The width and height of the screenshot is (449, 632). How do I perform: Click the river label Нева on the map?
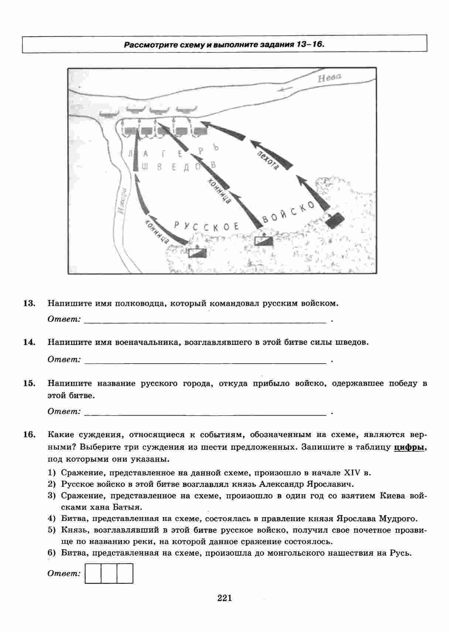click(330, 78)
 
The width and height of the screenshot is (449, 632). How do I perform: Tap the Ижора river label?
click(123, 201)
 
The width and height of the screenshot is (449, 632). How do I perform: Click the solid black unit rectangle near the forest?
click(335, 220)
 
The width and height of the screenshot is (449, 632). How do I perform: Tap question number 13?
click(29, 303)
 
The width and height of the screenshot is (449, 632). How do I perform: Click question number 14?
click(29, 342)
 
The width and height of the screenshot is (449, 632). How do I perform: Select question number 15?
click(29, 383)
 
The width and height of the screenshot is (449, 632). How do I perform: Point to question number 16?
click(29, 434)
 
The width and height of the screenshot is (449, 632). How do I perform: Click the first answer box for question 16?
click(93, 573)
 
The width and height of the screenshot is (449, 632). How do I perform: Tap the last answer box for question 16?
click(125, 573)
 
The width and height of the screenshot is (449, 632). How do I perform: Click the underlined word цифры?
click(409, 447)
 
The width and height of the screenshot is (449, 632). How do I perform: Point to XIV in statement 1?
click(352, 473)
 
